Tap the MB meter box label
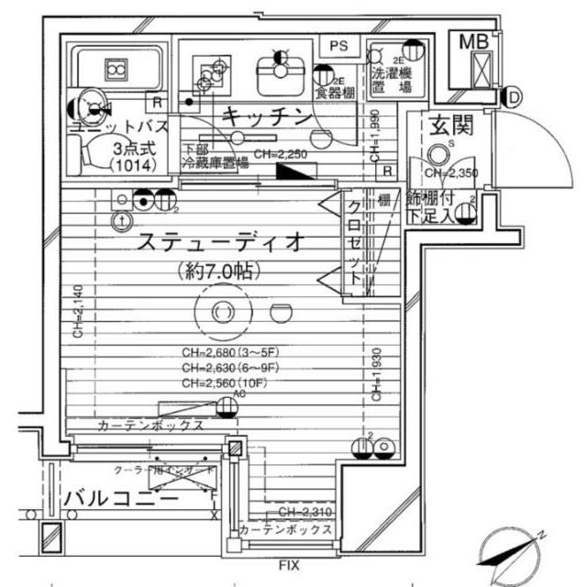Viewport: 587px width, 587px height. (475, 41)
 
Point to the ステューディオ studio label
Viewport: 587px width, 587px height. (219, 243)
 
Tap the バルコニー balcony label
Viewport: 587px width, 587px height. (121, 498)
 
